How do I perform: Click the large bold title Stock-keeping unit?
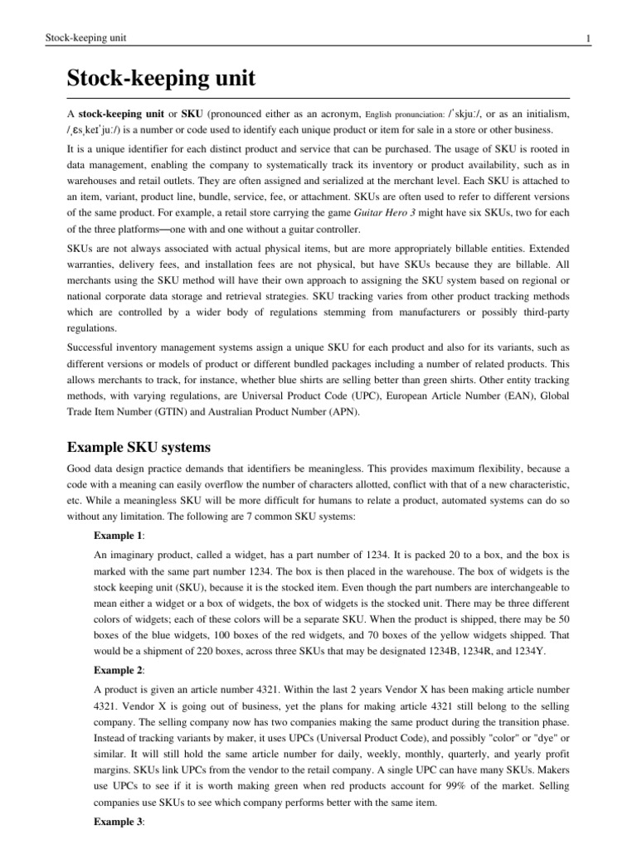click(x=160, y=79)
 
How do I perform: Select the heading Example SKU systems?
click(x=137, y=449)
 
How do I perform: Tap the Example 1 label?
click(x=118, y=535)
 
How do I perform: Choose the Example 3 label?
click(x=118, y=838)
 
